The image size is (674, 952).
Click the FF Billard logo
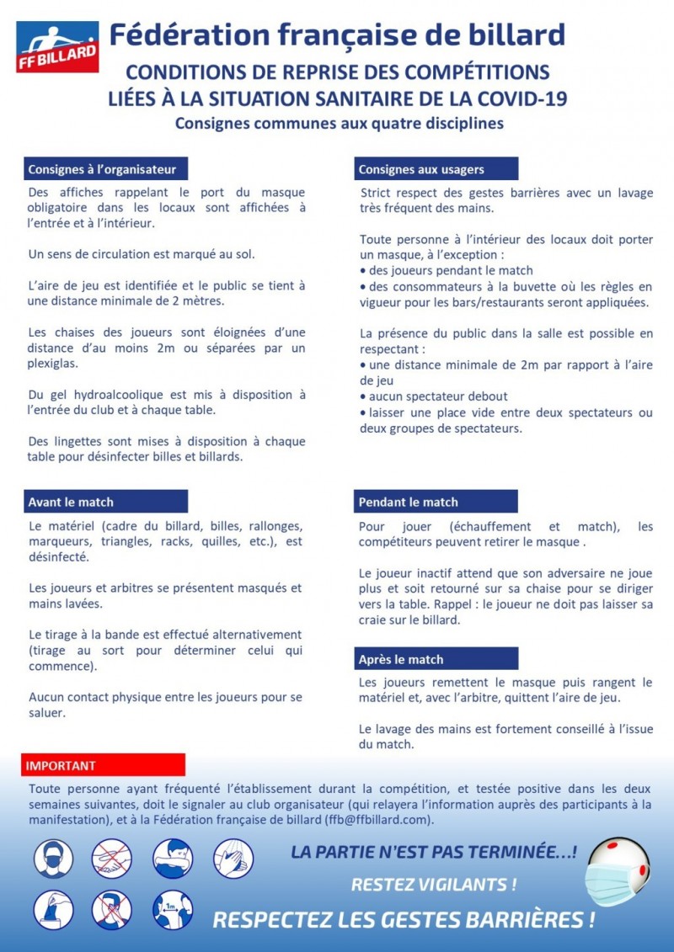click(x=57, y=48)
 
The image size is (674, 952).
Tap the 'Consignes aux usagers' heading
click(x=421, y=169)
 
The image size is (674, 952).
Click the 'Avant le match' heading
click(x=71, y=503)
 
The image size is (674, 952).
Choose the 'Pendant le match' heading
click(x=409, y=503)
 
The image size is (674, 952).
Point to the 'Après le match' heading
click(x=401, y=659)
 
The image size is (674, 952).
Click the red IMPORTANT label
click(x=61, y=766)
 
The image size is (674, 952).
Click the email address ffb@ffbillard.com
click(x=379, y=819)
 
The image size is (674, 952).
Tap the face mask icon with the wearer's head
click(x=54, y=859)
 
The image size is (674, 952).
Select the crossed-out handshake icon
click(x=112, y=859)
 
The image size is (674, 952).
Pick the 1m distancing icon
click(x=173, y=910)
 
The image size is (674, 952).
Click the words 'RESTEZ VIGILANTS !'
click(x=434, y=885)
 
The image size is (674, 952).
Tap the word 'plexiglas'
click(x=54, y=364)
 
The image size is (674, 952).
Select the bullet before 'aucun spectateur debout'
click(x=362, y=396)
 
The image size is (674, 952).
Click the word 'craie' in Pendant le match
click(x=375, y=620)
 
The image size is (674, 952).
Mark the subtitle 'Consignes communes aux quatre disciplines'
click(x=339, y=124)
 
